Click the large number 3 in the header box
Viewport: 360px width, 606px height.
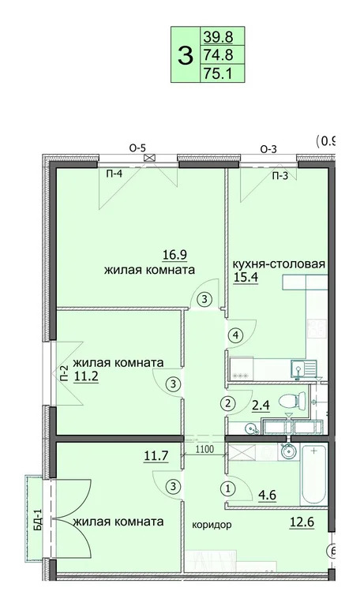[186, 55]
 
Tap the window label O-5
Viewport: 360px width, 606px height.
[139, 148]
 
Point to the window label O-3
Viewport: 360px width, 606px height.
[269, 148]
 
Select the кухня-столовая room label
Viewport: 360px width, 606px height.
[279, 264]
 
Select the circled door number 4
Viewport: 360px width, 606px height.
[234, 335]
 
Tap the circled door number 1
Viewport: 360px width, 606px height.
[228, 488]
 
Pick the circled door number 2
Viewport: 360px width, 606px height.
[228, 403]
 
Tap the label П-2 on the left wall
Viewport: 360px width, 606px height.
[63, 372]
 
